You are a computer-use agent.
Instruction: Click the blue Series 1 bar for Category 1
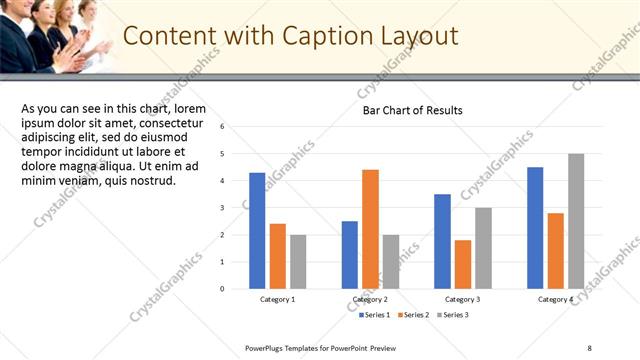[257, 230]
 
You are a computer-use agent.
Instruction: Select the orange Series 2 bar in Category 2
[370, 229]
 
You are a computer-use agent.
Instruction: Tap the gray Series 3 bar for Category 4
[576, 221]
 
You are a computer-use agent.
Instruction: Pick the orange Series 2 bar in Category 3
[462, 264]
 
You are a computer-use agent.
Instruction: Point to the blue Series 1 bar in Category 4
[535, 227]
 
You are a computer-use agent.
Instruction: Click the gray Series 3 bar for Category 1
[298, 261]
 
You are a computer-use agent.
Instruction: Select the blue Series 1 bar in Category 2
[349, 254]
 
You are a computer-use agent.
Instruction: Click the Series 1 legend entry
[375, 315]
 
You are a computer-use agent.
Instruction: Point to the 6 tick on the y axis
[235, 127]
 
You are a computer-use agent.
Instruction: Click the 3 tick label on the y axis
[235, 208]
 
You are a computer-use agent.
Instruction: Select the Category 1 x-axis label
[277, 299]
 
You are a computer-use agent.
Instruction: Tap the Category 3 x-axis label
[462, 299]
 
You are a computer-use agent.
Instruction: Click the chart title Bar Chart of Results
[412, 110]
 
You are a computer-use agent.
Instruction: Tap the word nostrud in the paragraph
[151, 181]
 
